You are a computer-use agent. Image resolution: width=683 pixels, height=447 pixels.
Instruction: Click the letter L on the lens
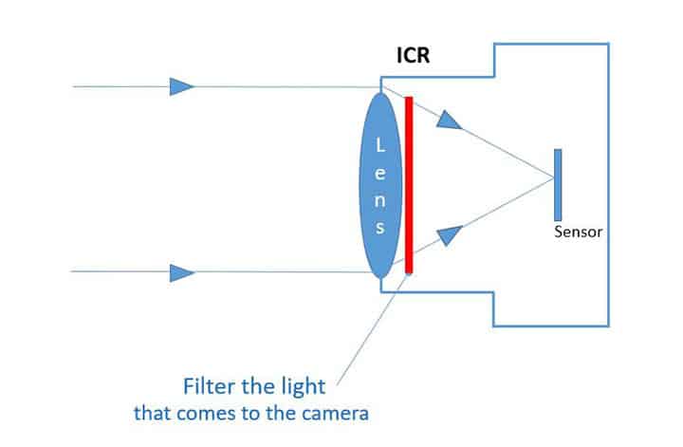tap(380, 145)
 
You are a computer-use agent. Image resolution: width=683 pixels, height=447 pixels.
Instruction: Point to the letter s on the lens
tap(380, 228)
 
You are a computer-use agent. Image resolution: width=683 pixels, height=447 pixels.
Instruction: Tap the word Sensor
tap(578, 232)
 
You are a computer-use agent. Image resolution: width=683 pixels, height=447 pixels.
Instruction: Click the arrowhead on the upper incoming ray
tap(181, 86)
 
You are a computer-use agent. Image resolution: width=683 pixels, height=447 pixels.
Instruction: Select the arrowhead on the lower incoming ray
tap(181, 273)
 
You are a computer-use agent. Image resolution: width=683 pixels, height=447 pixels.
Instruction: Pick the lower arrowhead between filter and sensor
tap(453, 235)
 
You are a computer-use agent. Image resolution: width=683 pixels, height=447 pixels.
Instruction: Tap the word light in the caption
tap(305, 388)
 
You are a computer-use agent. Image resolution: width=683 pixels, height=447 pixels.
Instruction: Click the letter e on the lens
tap(380, 173)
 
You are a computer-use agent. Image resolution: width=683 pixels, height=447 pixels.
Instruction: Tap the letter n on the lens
tap(380, 201)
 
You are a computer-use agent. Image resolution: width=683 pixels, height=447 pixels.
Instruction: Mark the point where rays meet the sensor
tap(554, 178)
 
